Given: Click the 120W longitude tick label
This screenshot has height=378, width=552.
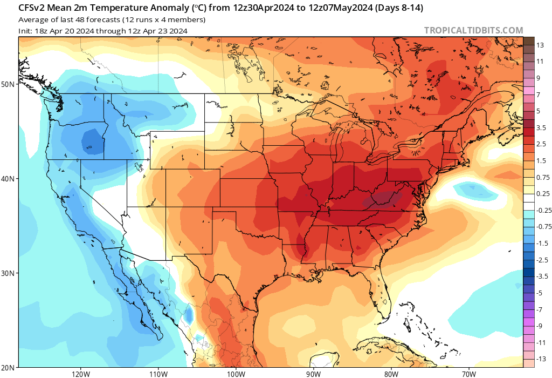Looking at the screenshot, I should pos(80,373).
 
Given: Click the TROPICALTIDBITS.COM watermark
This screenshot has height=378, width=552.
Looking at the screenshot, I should pos(473,31).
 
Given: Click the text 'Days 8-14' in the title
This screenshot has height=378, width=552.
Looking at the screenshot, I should pos(396,8).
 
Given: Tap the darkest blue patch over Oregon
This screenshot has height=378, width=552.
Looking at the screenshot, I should pos(92,142).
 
